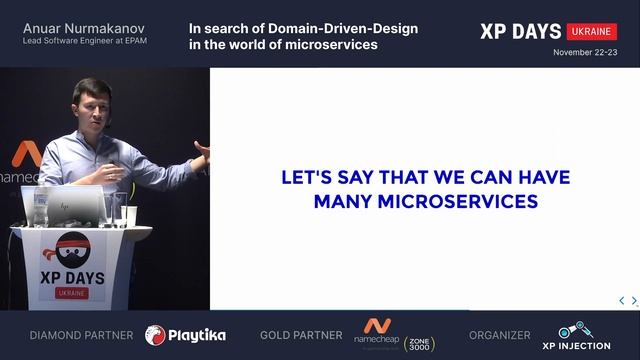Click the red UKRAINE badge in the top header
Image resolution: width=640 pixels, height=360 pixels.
click(591, 31)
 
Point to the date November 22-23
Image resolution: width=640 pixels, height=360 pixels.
click(584, 50)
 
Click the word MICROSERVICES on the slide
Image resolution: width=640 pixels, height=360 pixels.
click(453, 201)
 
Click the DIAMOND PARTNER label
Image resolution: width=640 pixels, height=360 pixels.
click(81, 335)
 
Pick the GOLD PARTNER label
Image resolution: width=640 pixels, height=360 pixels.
click(302, 335)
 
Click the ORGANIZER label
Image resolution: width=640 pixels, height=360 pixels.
click(500, 335)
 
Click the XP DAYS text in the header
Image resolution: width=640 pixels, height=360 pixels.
click(521, 31)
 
